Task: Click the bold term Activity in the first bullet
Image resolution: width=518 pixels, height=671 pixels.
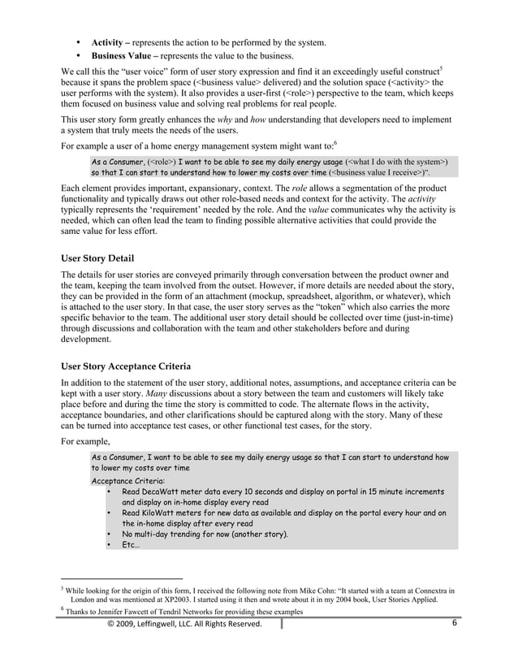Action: [107, 41]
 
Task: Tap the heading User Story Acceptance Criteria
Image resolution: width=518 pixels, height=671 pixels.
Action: [133, 365]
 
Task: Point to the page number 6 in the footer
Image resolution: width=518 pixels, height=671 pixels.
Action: [455, 623]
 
